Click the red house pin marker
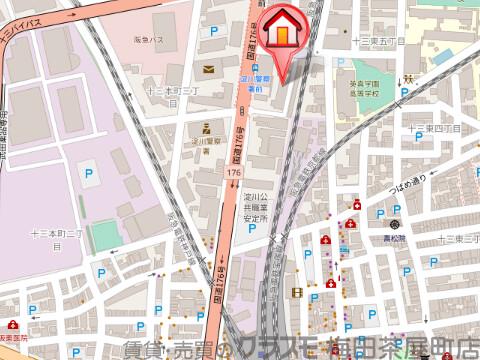[x=284, y=35]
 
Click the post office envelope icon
[x=207, y=69]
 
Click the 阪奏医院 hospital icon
[x=11, y=325]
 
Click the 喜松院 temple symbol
[x=395, y=222]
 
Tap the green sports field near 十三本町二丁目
[x=109, y=231]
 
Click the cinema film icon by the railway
[x=297, y=292]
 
